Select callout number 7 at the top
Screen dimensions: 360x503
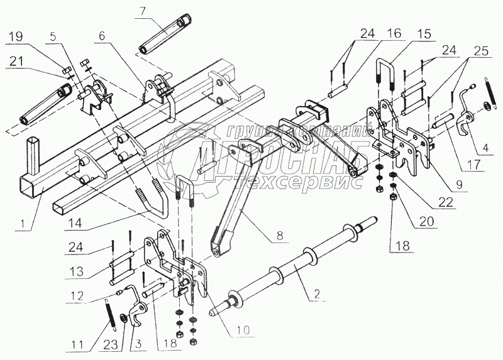[143, 11]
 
